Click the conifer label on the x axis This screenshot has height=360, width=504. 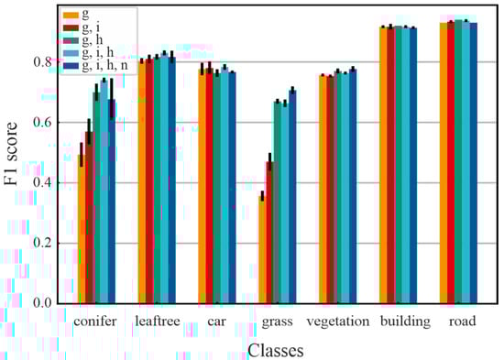point(95,322)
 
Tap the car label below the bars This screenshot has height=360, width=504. point(218,322)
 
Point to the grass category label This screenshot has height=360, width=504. point(278,322)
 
